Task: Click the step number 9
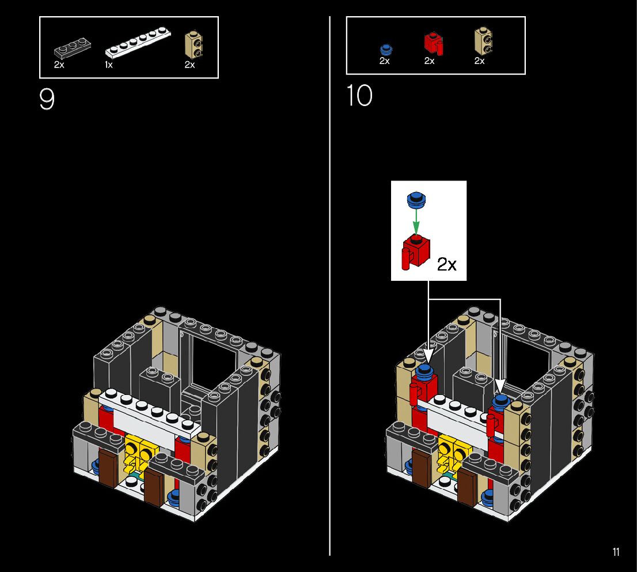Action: pos(47,100)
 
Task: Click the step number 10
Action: pos(359,96)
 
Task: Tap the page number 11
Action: pos(616,552)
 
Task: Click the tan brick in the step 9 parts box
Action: pos(194,45)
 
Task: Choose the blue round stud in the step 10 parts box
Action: pos(385,49)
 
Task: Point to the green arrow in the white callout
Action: pos(416,220)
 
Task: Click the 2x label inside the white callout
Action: pos(446,265)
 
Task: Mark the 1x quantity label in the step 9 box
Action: pos(108,65)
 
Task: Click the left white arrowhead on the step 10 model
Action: pos(429,353)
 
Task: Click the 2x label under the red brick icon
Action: pos(429,61)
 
